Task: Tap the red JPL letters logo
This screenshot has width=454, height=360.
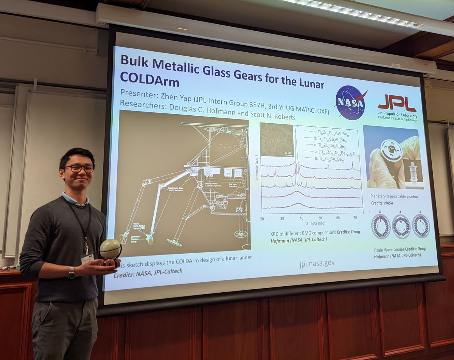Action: tap(397, 103)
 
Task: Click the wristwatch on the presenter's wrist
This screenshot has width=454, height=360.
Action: tap(72, 273)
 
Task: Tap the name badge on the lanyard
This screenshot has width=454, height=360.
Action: tap(87, 258)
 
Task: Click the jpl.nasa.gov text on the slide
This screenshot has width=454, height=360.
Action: tap(317, 263)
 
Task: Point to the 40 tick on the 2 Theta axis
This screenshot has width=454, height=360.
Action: tap(300, 218)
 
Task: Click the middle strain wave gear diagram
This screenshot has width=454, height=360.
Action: tap(401, 226)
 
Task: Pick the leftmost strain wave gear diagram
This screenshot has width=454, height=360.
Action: tap(381, 226)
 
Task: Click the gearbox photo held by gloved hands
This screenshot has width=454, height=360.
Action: tap(392, 157)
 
